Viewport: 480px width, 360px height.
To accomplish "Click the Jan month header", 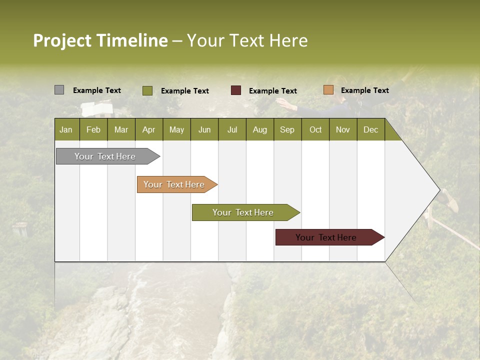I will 66,129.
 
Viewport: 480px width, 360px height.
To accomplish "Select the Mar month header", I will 121,129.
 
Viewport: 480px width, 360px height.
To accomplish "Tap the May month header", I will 176,129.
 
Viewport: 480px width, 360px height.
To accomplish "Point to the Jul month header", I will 232,129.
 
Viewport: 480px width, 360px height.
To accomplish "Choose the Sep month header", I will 287,129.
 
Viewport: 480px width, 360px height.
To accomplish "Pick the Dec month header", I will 370,129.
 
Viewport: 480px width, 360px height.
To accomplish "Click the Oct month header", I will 315,129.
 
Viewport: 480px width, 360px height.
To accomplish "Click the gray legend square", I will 59,90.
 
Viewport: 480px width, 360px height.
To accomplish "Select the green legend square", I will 147,90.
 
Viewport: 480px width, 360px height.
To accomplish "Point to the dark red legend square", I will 236,90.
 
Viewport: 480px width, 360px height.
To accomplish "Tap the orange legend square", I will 328,90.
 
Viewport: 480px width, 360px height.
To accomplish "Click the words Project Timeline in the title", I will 100,40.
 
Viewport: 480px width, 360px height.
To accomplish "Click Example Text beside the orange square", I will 364,90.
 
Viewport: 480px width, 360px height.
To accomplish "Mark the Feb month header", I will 93,129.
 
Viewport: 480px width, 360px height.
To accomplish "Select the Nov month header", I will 343,129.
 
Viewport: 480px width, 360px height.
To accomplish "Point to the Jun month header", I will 204,129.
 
